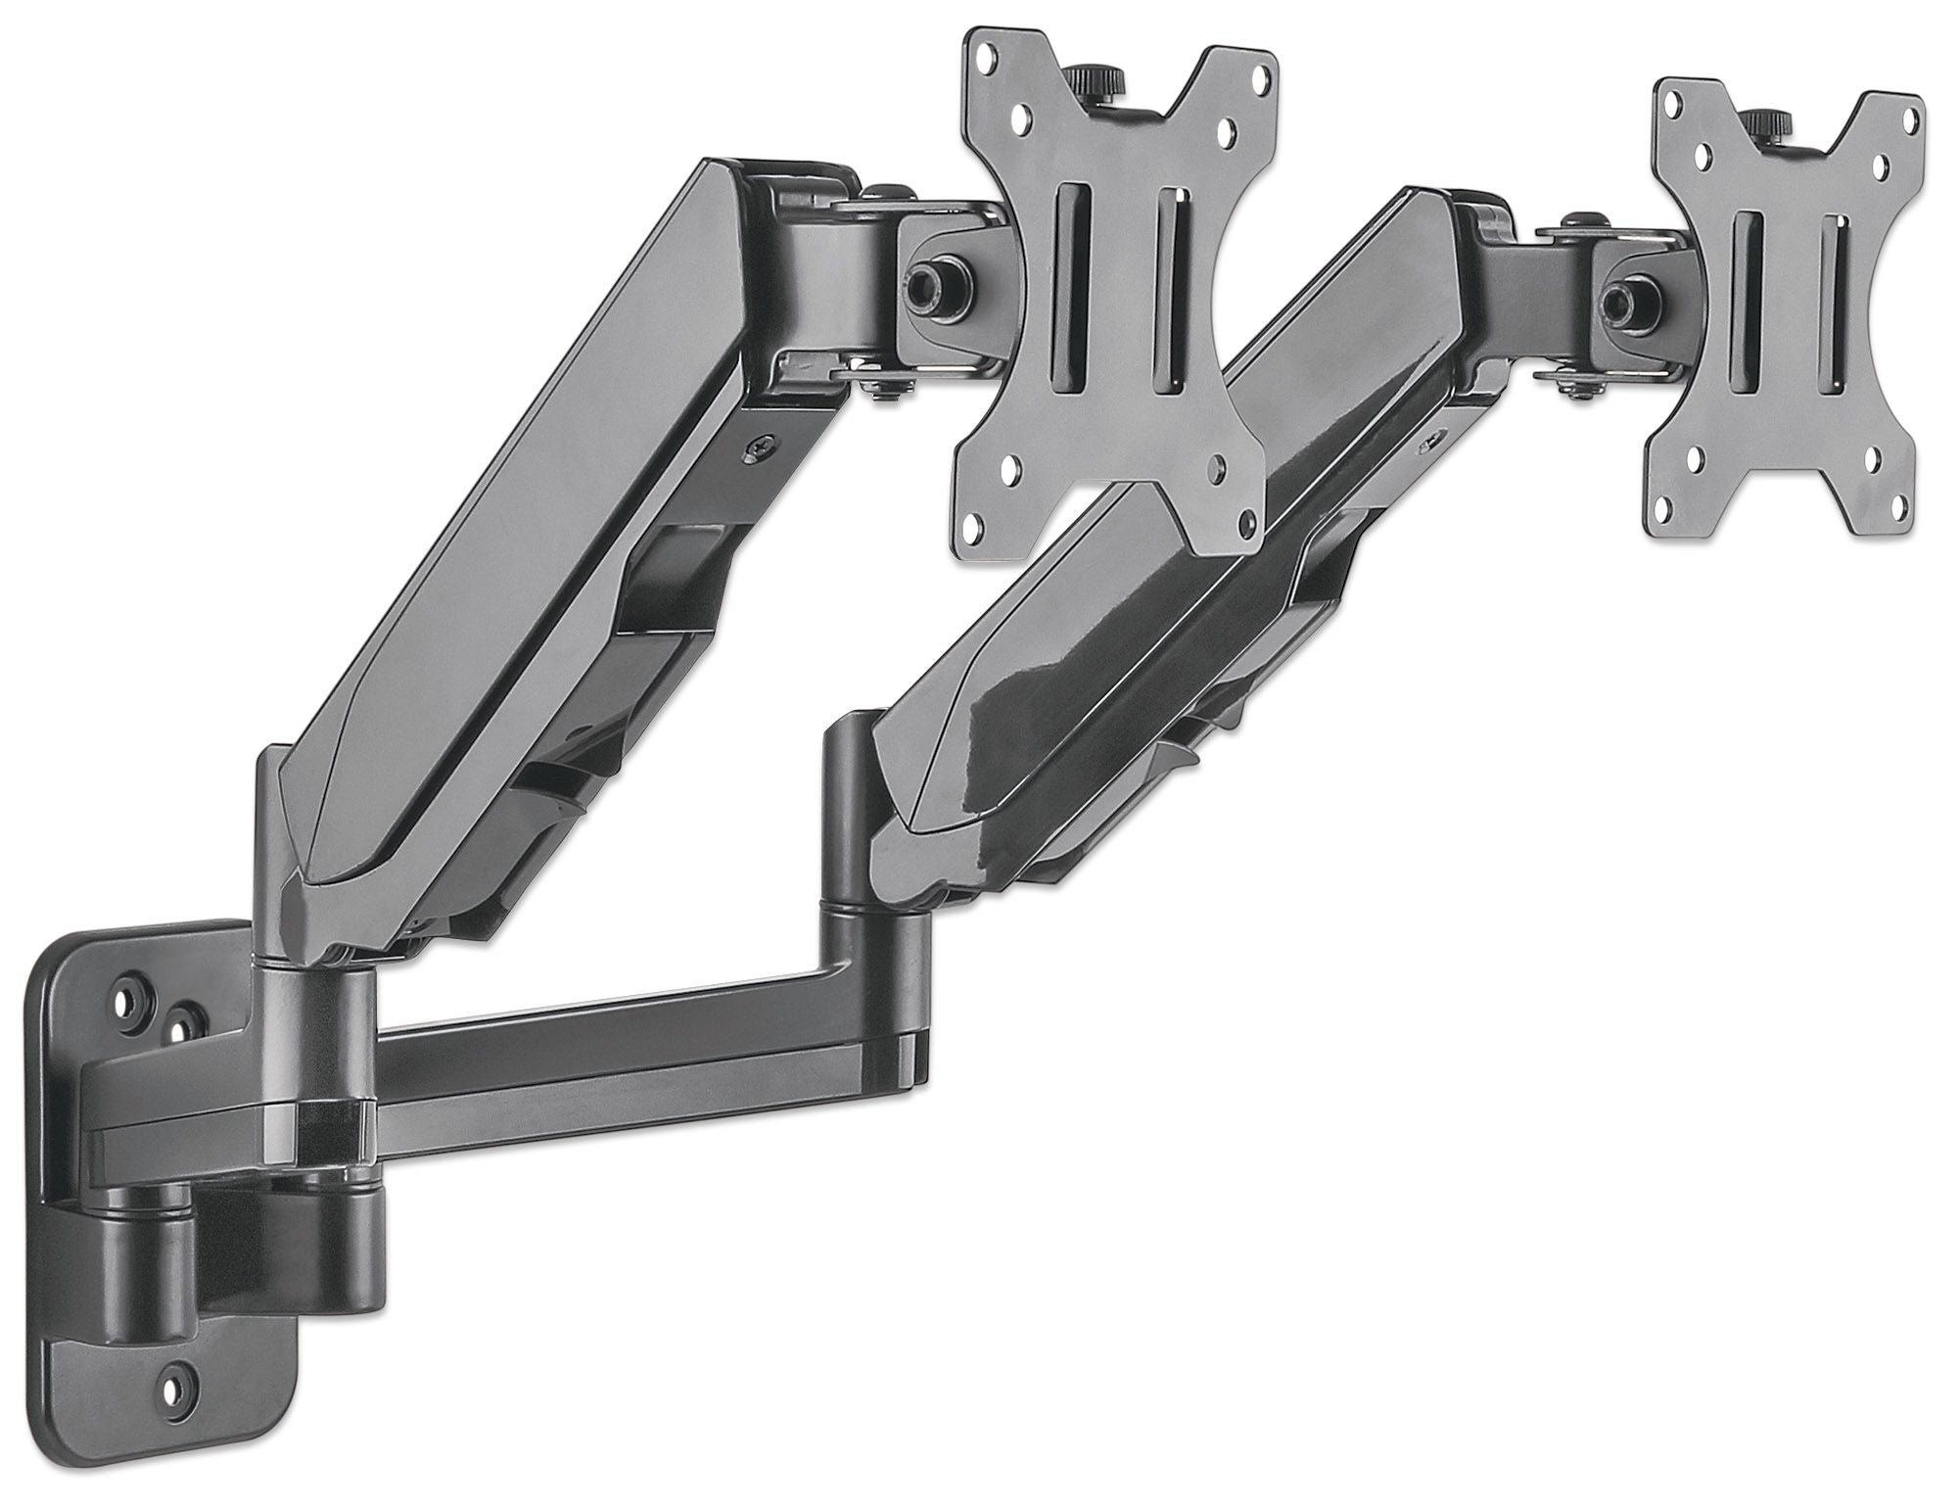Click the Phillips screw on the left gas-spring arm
(759, 448)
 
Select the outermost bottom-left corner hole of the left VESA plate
(976, 527)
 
